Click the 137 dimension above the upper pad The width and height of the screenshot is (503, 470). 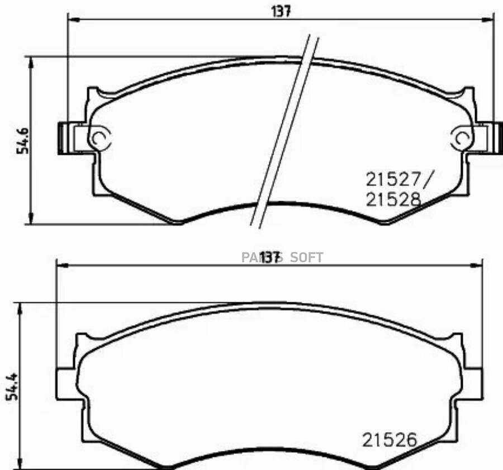click(282, 11)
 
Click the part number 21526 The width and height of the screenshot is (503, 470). click(390, 440)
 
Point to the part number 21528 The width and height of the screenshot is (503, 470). click(392, 200)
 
